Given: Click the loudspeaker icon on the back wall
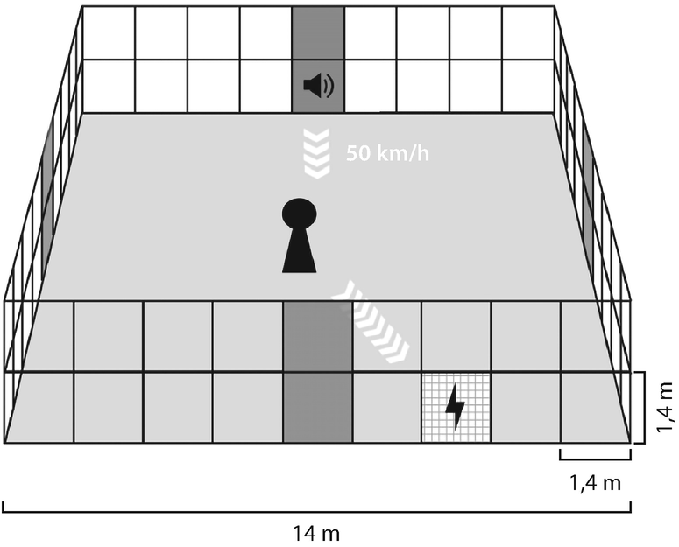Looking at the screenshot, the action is click(x=317, y=86).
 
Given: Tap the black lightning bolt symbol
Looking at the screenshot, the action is click(x=456, y=407).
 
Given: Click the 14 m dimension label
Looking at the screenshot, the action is click(x=317, y=532).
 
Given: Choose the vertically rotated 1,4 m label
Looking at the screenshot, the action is click(x=666, y=408).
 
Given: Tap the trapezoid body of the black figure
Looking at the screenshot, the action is click(x=298, y=253).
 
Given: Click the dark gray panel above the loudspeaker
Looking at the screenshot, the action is click(x=317, y=33).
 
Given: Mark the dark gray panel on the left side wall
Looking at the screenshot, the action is click(x=46, y=201).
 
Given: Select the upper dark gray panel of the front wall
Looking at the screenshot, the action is click(x=317, y=337).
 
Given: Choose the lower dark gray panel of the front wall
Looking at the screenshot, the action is click(x=317, y=408).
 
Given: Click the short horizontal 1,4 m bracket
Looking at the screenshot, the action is click(x=595, y=456).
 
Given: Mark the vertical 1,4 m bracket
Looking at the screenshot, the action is click(x=644, y=408).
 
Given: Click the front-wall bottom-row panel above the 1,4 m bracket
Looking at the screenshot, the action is click(x=595, y=408).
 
